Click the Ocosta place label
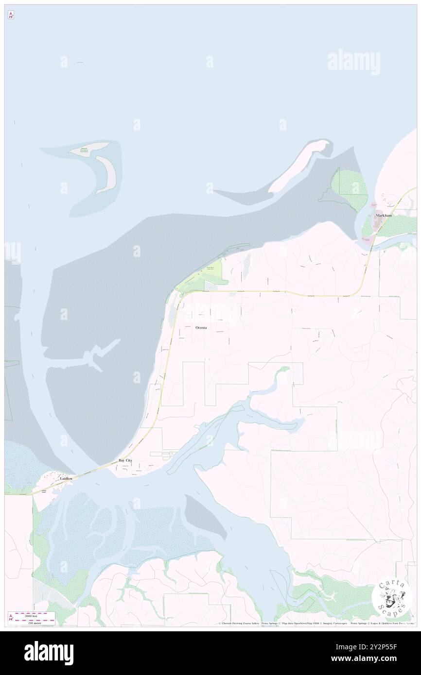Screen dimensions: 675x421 201,328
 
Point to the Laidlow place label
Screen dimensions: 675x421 66,478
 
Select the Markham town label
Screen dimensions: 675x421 383,215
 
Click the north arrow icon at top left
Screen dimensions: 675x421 10,15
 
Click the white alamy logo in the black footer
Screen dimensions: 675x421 49,653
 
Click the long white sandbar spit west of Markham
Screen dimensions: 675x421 299,165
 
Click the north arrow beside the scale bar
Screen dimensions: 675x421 10,618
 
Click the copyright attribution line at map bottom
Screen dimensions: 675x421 316,624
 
